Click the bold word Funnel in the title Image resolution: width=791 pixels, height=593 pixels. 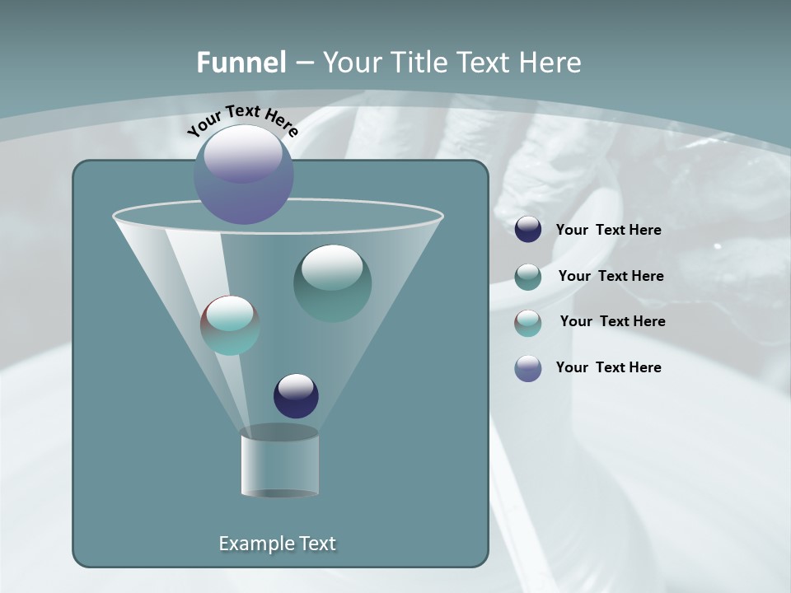(x=241, y=63)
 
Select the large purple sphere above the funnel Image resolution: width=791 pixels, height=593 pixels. (x=243, y=175)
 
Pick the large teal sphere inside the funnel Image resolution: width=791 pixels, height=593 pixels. (x=332, y=283)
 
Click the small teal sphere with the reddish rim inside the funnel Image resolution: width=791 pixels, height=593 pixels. (x=230, y=325)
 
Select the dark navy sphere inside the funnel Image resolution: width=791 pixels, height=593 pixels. (x=296, y=395)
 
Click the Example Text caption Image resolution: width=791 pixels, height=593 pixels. (x=278, y=544)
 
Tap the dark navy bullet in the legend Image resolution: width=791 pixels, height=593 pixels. (x=528, y=230)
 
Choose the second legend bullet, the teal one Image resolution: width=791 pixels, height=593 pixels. (x=528, y=276)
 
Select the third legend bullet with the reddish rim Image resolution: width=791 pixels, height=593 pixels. (x=528, y=322)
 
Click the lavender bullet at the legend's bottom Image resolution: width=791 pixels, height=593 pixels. (x=528, y=368)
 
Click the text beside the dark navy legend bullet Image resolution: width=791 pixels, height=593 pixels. (x=608, y=231)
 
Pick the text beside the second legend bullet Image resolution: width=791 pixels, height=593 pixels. (x=611, y=277)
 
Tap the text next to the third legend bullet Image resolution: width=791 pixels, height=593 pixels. (x=612, y=322)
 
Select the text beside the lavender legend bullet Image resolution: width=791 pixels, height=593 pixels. (x=608, y=368)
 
